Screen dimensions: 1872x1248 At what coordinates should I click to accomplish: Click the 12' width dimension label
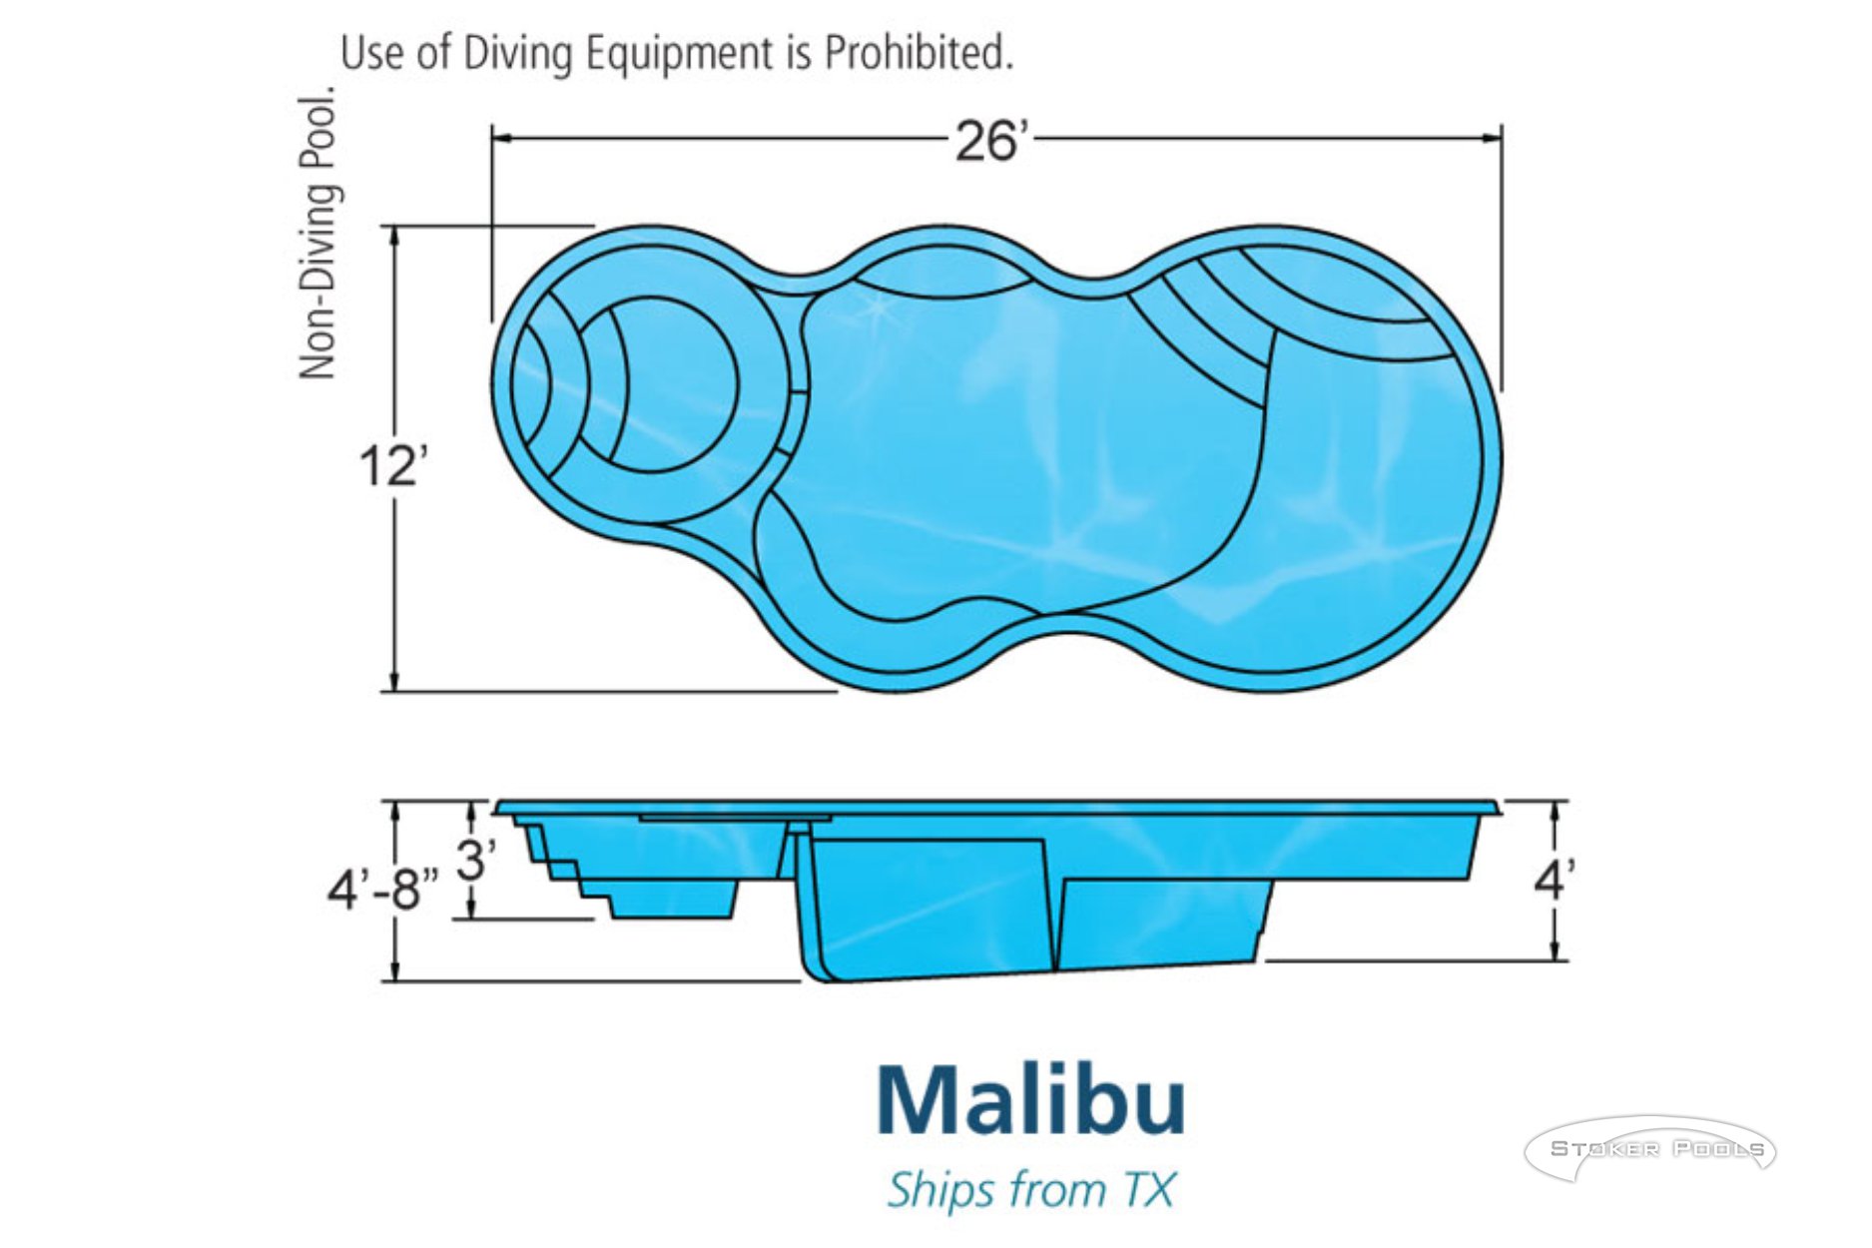(393, 466)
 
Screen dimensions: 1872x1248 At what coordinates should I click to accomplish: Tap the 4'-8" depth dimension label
(383, 889)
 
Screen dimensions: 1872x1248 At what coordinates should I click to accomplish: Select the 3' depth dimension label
(477, 859)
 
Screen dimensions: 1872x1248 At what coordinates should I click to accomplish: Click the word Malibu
(1031, 1100)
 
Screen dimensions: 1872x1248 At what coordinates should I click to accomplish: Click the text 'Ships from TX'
(1031, 1190)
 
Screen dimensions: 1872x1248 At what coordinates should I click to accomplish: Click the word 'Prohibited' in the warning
(918, 52)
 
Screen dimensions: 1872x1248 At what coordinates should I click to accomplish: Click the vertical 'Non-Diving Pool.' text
(317, 233)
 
